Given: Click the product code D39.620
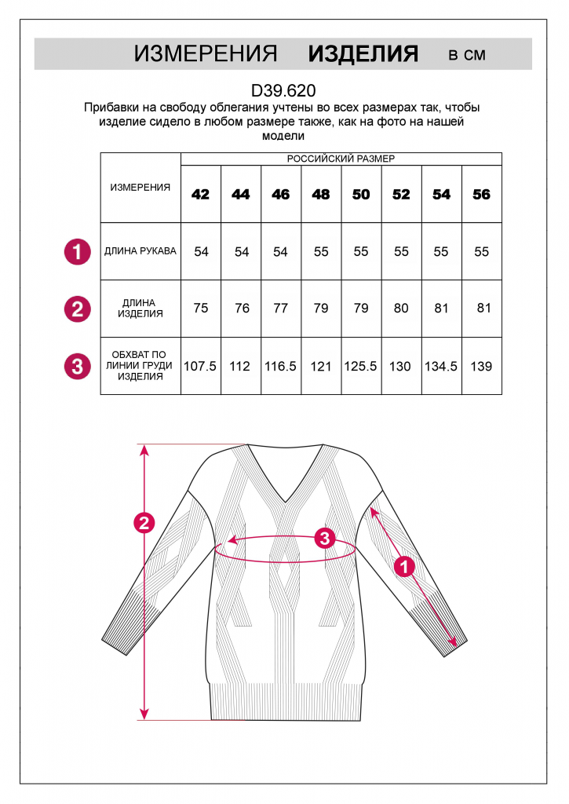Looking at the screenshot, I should (x=283, y=90).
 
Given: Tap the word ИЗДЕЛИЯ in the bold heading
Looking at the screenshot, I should (x=363, y=53).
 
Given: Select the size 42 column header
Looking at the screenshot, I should (x=201, y=194).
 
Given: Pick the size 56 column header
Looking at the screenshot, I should (x=481, y=194).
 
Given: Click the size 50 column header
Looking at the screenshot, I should (x=361, y=194).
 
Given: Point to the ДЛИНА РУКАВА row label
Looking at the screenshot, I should (x=140, y=251).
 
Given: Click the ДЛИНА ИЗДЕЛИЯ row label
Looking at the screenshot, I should (x=140, y=308).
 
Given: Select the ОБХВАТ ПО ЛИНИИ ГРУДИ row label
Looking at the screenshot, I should (x=140, y=365).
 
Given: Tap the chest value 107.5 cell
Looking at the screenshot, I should (x=200, y=366).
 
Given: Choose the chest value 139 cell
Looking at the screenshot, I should (x=481, y=366).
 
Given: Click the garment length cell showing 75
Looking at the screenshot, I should (x=201, y=308).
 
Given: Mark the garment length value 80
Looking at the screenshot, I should (x=401, y=308).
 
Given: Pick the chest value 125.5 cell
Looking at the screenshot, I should (x=361, y=366).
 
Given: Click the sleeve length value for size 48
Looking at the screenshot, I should (x=321, y=251).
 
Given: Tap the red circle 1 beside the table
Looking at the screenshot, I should (x=77, y=252).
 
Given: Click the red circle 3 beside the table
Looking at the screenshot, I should (x=77, y=366).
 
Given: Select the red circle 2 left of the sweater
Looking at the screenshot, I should (x=144, y=523).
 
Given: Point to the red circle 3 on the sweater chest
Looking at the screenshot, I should (x=325, y=539).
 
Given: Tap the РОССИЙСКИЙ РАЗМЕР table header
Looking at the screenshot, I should (x=341, y=159).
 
